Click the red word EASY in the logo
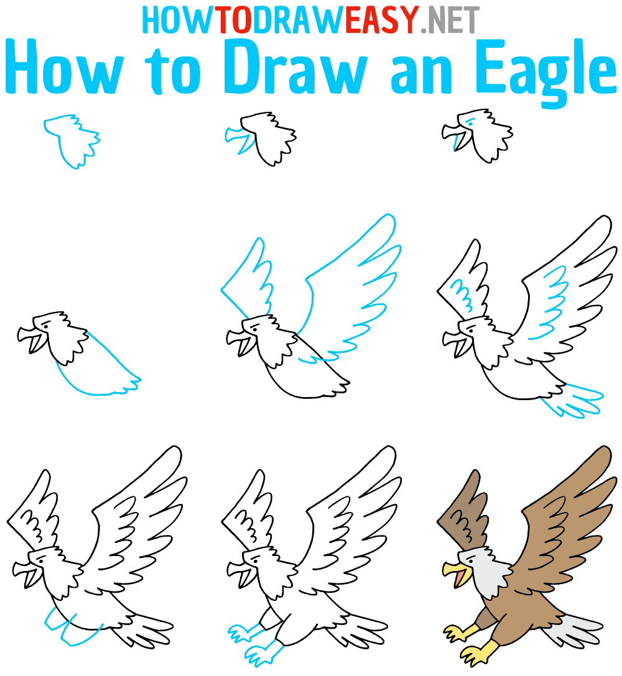coord(381,19)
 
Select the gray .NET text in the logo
coord(449,19)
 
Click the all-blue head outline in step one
coord(72,141)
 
